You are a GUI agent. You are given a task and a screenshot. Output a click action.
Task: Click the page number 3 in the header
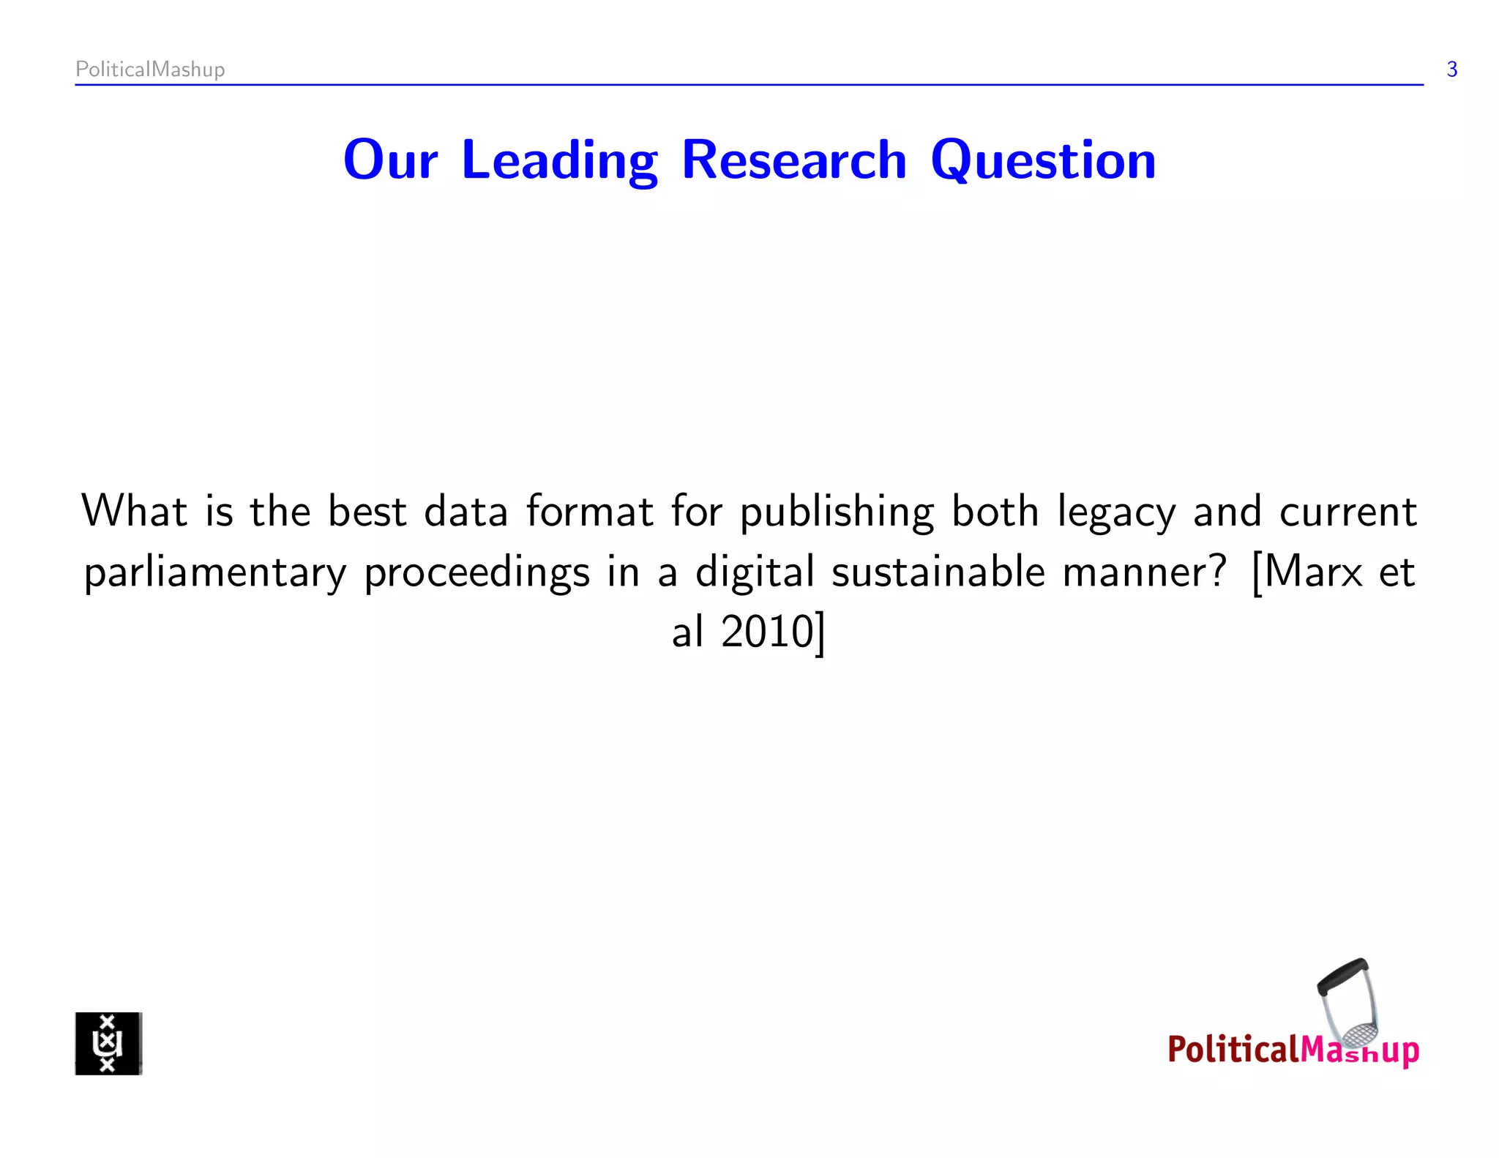click(x=1452, y=70)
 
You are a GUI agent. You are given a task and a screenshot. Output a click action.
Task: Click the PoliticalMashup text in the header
click(x=150, y=70)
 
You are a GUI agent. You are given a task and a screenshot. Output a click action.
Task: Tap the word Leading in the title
click(x=559, y=160)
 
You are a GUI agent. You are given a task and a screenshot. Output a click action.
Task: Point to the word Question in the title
click(x=1043, y=160)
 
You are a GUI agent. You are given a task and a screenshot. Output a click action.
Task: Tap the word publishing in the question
click(x=837, y=512)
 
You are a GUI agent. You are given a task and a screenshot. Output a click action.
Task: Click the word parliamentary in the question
click(x=215, y=573)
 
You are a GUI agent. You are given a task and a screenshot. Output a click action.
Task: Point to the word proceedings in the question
click(x=476, y=573)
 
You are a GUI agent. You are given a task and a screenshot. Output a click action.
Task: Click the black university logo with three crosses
click(x=108, y=1043)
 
